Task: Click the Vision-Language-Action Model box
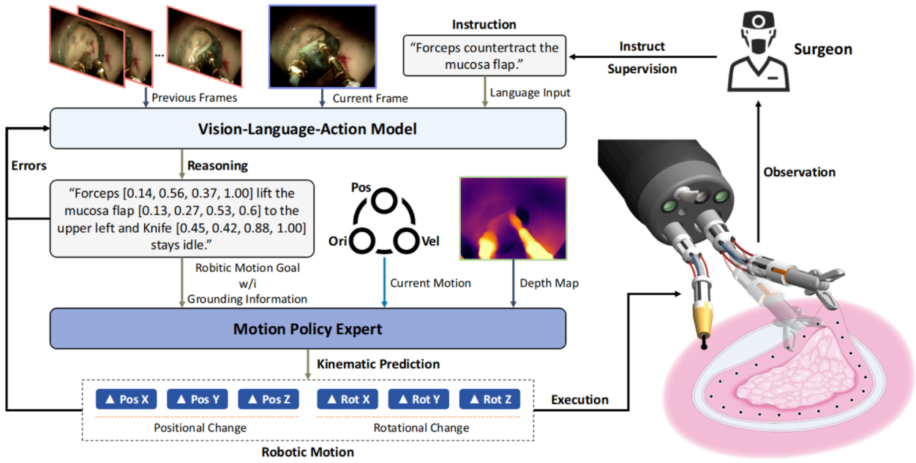tap(307, 128)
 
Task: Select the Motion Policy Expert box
tap(307, 328)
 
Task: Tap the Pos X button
tap(127, 399)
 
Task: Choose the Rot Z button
tap(489, 399)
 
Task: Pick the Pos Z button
tap(269, 399)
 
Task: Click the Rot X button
tap(348, 399)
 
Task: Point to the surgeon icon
tap(758, 51)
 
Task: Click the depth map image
tap(513, 218)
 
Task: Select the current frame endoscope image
tap(322, 46)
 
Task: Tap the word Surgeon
tap(823, 50)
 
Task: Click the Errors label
tap(29, 165)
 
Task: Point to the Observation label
tap(800, 172)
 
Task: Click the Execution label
tap(579, 399)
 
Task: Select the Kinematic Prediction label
tap(378, 364)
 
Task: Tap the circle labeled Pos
tap(384, 201)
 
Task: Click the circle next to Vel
tap(405, 241)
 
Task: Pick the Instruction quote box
tap(484, 56)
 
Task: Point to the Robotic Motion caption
tap(307, 452)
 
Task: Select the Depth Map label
tap(549, 283)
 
